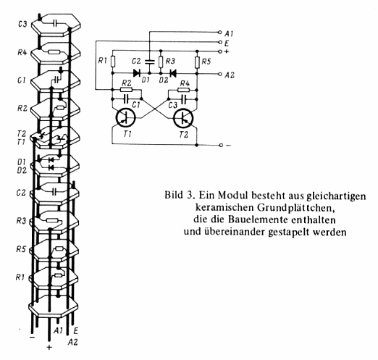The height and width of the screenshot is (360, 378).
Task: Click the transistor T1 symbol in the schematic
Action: coord(125,118)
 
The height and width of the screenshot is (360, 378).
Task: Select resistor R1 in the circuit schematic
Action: coord(112,62)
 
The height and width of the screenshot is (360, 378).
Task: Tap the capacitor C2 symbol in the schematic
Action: coord(149,62)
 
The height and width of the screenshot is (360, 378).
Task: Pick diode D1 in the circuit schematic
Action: coord(137,73)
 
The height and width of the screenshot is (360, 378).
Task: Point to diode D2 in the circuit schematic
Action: coord(173,73)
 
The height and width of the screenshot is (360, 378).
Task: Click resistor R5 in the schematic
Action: coord(197,62)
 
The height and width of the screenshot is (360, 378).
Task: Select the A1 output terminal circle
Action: coord(219,32)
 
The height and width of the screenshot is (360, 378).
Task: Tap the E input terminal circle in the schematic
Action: coord(220,43)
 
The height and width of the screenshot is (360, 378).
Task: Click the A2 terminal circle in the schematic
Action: coord(220,75)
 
